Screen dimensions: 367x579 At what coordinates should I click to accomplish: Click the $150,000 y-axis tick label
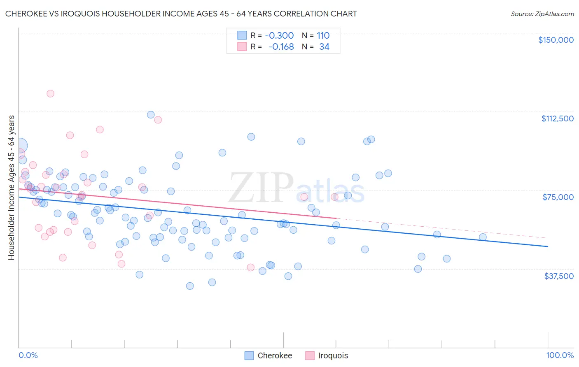point(556,40)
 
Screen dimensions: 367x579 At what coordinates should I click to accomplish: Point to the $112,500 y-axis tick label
point(557,118)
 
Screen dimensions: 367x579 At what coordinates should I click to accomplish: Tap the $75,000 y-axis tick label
point(558,197)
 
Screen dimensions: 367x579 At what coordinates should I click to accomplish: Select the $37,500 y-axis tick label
point(559,276)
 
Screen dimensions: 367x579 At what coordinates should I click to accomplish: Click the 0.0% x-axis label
point(28,355)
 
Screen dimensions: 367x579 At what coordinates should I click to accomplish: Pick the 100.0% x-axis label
point(560,355)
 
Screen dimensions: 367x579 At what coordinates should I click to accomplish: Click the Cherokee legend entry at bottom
point(275,356)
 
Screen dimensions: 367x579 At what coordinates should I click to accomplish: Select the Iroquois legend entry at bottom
point(333,356)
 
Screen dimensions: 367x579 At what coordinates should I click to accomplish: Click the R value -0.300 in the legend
point(279,35)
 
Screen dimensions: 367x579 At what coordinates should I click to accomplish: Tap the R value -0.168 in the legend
point(281,47)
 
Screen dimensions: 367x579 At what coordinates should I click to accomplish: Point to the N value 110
point(323,35)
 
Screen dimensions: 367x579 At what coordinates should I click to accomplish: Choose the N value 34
point(324,47)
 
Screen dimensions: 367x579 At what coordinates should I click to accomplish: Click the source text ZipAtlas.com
point(554,14)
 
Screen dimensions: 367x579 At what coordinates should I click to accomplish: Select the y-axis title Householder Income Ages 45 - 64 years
point(11,187)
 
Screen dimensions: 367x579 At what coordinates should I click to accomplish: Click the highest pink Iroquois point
point(50,93)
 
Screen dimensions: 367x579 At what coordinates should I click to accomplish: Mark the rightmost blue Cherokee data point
point(483,237)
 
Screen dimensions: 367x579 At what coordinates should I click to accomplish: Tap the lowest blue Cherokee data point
point(190,286)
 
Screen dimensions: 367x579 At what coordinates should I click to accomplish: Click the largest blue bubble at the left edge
point(20,145)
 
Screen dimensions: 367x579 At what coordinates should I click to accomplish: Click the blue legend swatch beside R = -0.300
point(242,35)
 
